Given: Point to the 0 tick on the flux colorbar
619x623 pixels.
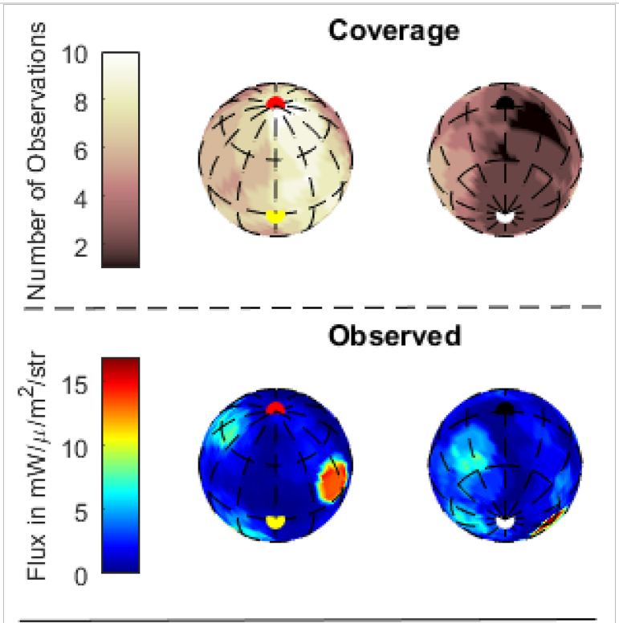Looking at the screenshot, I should click(80, 574).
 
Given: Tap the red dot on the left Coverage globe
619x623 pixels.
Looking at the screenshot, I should click(275, 104).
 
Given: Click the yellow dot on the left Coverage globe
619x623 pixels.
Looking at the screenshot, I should click(275, 216).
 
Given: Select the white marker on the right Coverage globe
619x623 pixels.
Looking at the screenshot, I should click(504, 215).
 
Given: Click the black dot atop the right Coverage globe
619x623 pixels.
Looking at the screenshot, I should click(505, 103).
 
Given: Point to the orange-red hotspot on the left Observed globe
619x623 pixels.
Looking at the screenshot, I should click(332, 481).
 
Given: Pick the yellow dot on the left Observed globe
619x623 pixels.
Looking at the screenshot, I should click(275, 521).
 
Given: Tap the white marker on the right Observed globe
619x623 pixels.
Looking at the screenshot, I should click(504, 522).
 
